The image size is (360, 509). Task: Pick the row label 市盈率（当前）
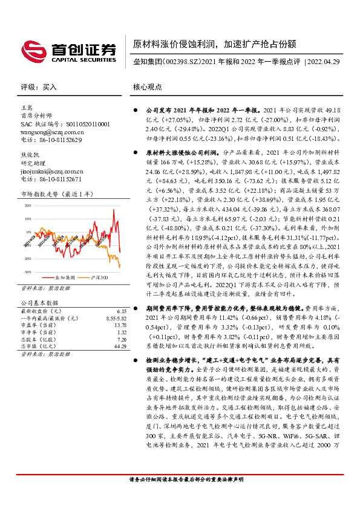pos(38,342)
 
